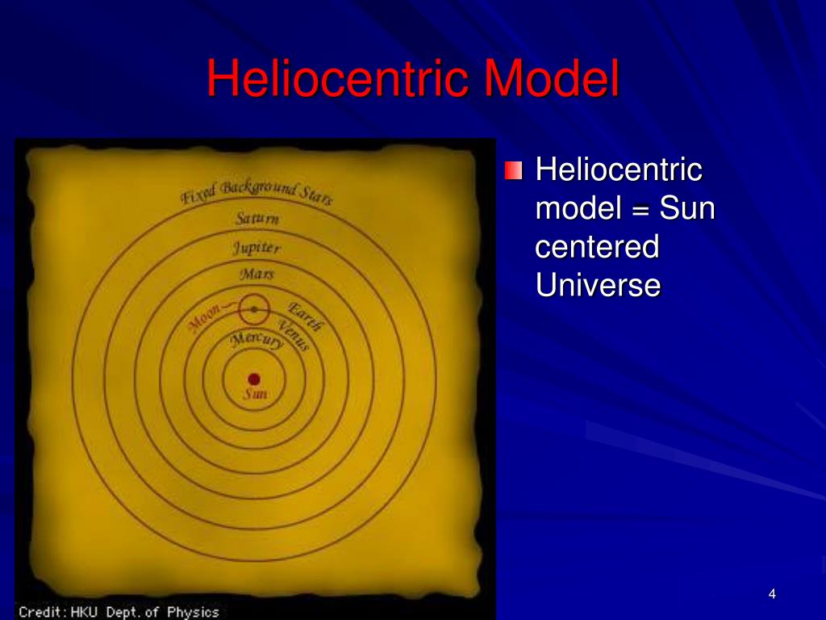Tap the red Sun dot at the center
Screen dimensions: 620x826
(x=254, y=379)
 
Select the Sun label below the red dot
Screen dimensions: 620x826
(x=255, y=395)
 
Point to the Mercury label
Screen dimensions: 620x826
(x=256, y=341)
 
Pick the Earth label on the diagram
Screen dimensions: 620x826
(x=306, y=317)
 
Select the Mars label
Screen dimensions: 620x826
(x=257, y=274)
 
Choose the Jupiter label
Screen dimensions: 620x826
(x=257, y=247)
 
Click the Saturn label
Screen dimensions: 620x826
(x=257, y=218)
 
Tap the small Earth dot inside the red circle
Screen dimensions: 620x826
(x=254, y=308)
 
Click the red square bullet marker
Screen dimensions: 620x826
(x=514, y=171)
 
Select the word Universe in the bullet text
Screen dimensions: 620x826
(x=598, y=285)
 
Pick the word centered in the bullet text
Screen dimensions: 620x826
(x=597, y=247)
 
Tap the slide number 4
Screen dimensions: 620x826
(x=772, y=595)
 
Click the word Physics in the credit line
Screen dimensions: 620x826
(x=193, y=612)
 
